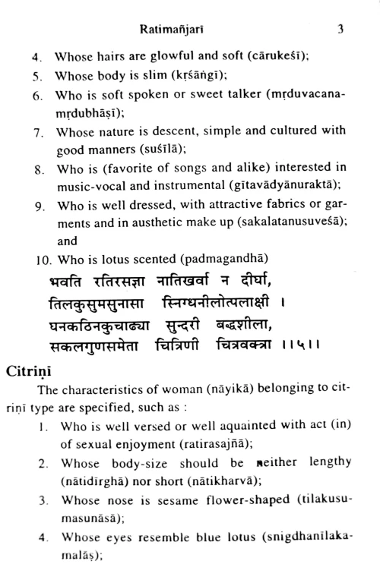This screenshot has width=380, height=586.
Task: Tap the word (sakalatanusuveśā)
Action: click(x=285, y=224)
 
